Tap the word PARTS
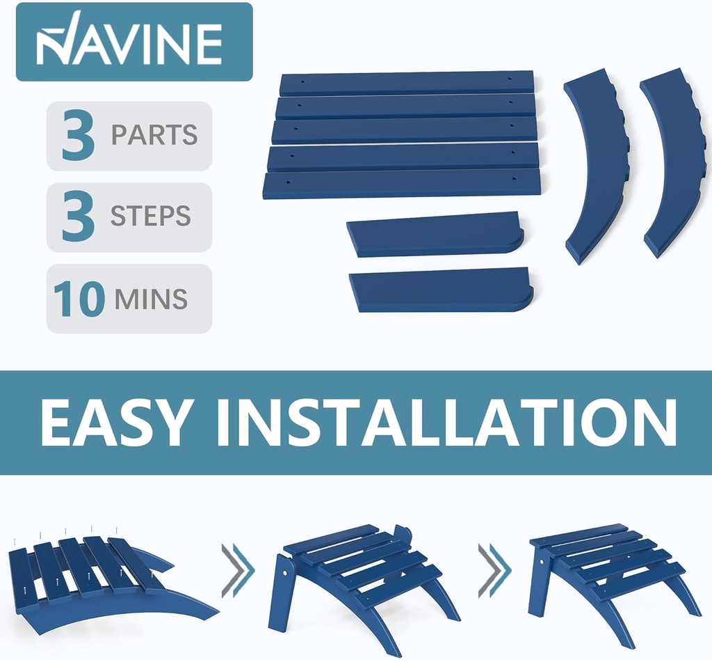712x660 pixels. coord(154,134)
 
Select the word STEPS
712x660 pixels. coord(150,216)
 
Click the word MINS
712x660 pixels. coord(151,299)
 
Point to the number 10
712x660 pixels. coord(79,298)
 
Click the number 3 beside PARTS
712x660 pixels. coord(78,135)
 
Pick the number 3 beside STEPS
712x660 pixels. coord(78,217)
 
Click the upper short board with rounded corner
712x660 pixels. coord(435,234)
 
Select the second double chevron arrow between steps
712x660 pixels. coord(495,570)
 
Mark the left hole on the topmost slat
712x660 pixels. coord(303,82)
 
